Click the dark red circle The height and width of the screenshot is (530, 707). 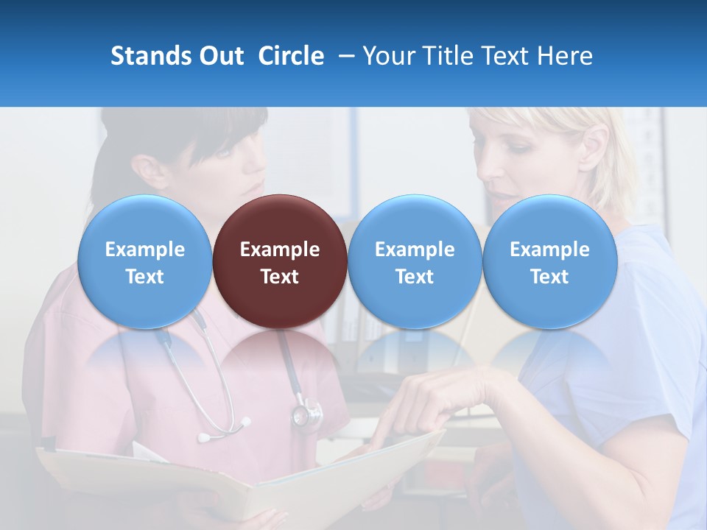tap(280, 261)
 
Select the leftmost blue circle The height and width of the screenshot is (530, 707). tap(144, 261)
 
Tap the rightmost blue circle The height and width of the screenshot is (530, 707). tap(549, 261)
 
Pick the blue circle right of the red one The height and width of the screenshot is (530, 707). tap(415, 261)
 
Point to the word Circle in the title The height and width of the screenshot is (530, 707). tap(291, 56)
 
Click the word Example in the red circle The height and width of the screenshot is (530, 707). tap(280, 250)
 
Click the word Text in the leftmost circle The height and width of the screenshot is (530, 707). tap(144, 277)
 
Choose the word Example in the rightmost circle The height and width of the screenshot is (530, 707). tap(549, 250)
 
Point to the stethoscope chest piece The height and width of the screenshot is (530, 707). tap(306, 416)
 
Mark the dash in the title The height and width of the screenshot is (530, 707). tap(344, 56)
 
